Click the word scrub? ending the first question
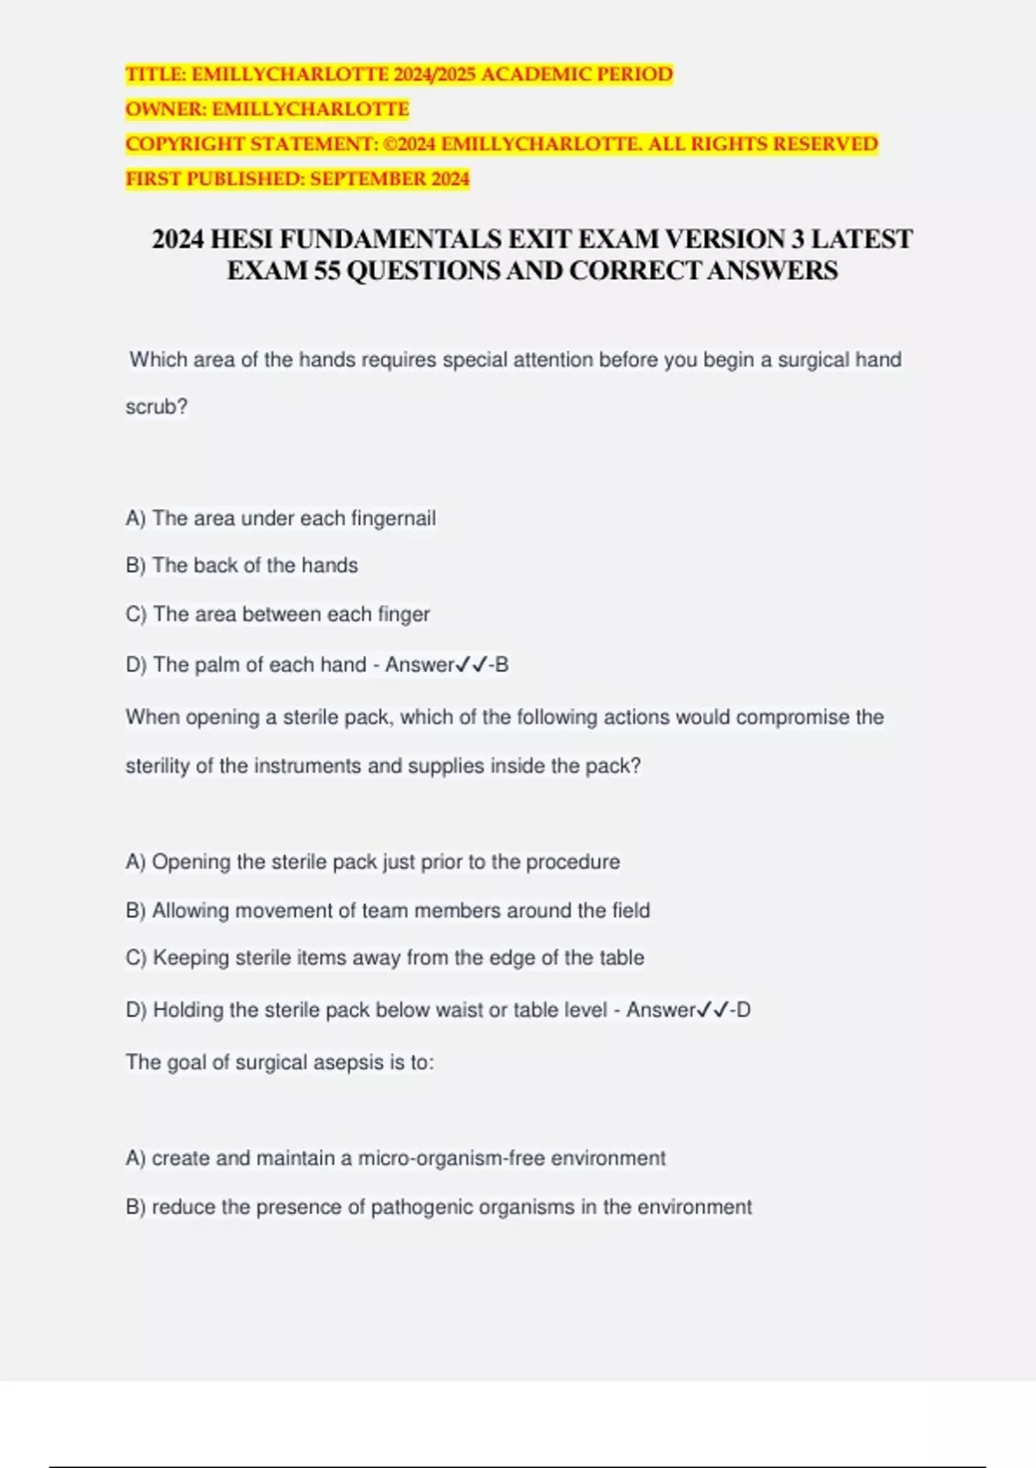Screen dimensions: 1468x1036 156,407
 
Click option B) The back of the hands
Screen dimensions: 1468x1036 242,566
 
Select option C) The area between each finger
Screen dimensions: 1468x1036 277,614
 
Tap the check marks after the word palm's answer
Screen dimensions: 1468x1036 471,665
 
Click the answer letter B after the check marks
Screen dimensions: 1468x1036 502,665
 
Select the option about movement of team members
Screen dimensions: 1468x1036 388,910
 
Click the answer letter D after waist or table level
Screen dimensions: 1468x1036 743,1009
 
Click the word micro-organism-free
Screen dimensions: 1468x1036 451,1158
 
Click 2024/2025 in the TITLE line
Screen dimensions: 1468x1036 434,74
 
